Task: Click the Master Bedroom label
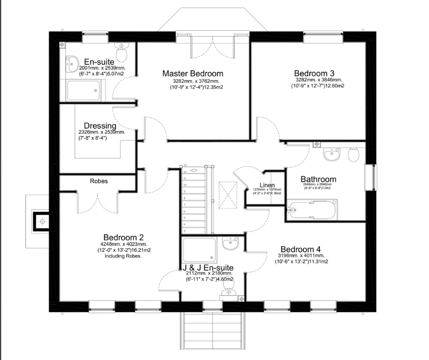[x=193, y=74]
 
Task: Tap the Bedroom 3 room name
[x=314, y=73]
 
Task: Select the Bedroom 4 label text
[x=300, y=249]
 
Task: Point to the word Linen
[x=267, y=185]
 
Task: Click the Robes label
[x=99, y=181]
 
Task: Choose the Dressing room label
[x=100, y=126]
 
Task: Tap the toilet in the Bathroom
[x=354, y=155]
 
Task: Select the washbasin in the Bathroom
[x=332, y=155]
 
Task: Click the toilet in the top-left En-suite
[x=121, y=53]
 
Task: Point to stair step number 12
[x=185, y=172]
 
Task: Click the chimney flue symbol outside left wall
[x=42, y=222]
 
